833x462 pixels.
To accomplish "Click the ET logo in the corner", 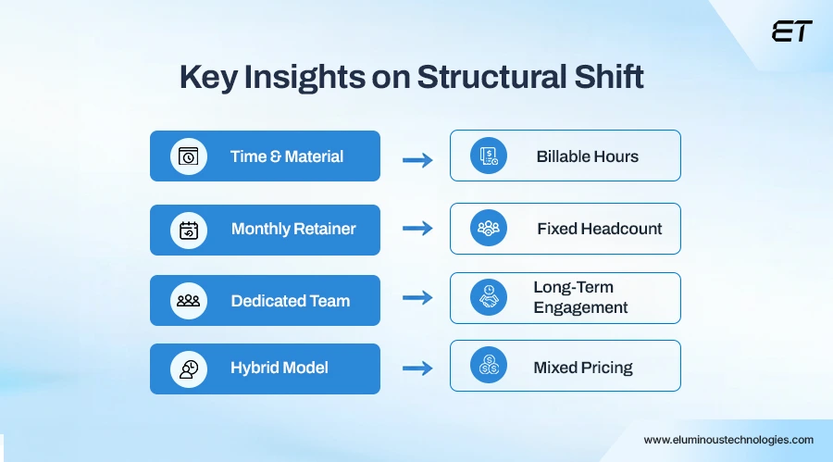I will (791, 31).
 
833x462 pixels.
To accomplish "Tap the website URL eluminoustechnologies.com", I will (728, 440).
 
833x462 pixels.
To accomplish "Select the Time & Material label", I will (287, 156).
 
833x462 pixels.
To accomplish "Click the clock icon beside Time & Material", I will (189, 156).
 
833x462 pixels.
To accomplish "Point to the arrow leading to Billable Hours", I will (417, 159).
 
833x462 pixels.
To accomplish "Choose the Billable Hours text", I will (587, 156).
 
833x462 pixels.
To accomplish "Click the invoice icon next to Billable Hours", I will (488, 156).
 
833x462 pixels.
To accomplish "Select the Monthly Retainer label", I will (293, 229).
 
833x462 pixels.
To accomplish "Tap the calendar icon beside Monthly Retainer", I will (189, 230).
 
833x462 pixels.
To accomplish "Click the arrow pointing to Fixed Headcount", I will (417, 229).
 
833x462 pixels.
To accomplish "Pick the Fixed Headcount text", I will (599, 229).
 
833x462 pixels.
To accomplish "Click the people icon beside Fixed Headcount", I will (488, 228).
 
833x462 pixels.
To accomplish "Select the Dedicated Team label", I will (290, 301).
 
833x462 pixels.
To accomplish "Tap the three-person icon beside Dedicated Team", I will (189, 301).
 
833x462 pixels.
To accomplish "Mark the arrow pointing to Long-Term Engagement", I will (417, 298).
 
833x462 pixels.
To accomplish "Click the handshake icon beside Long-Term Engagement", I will (488, 297).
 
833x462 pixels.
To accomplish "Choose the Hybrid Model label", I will (280, 368).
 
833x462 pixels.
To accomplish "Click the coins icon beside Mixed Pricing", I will (488, 367).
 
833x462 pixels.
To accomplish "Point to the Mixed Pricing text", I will (582, 368).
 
